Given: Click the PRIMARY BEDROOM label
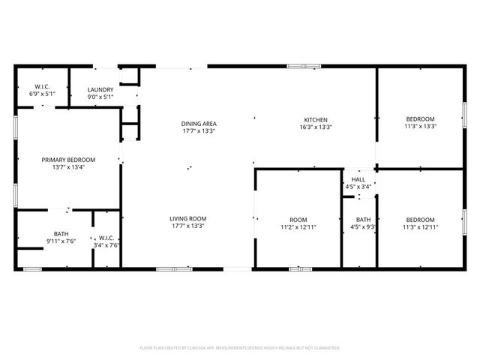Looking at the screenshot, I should point(68,160).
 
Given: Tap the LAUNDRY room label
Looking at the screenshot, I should point(100,89).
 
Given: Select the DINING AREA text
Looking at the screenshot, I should point(198,123).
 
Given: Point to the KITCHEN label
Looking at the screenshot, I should point(315,120).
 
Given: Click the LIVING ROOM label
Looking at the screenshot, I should point(188,218).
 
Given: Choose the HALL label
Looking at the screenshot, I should point(358,180).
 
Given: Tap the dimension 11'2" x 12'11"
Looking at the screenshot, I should point(298,226).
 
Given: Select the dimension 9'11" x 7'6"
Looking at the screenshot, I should point(60,241).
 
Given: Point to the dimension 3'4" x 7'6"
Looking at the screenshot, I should point(106,244).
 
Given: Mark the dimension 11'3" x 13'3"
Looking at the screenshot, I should point(419,126).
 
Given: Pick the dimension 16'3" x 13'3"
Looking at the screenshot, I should point(315,127).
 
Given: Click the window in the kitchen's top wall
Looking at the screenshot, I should point(300,67).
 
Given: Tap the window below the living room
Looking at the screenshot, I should point(174,268).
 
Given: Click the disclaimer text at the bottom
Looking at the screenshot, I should point(240,348).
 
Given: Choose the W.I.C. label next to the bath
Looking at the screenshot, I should point(106,238).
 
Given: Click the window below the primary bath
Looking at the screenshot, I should point(32,268).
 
